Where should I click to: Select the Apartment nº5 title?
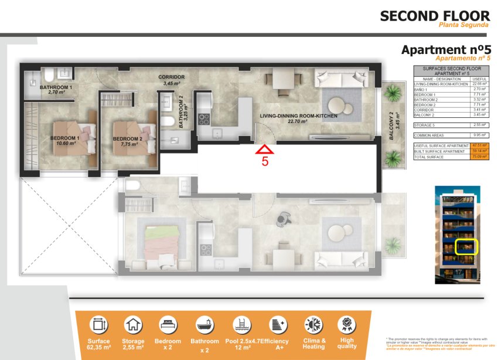pyautogui.click(x=446, y=50)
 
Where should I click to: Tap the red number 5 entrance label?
pyautogui.click(x=265, y=162)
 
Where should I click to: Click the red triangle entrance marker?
pyautogui.click(x=265, y=150)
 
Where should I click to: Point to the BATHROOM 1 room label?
pyautogui.click(x=56, y=88)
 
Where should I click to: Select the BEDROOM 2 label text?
pyautogui.click(x=129, y=139)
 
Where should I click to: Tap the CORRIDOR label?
pyautogui.click(x=172, y=77)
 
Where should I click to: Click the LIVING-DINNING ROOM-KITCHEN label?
pyautogui.click(x=299, y=117)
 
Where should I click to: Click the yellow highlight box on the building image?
pyautogui.click(x=467, y=247)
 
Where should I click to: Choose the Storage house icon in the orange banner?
pyautogui.click(x=133, y=324)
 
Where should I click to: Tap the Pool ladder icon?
pyautogui.click(x=240, y=324)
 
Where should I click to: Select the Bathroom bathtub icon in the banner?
pyautogui.click(x=204, y=324)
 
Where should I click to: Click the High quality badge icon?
pyautogui.click(x=347, y=324)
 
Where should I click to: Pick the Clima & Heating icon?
pyautogui.click(x=313, y=324)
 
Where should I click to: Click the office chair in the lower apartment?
pyautogui.click(x=284, y=219)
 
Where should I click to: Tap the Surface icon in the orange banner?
pyautogui.click(x=98, y=324)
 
